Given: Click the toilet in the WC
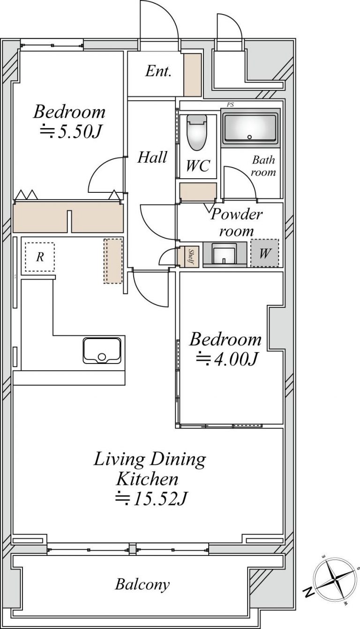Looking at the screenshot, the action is [197, 132].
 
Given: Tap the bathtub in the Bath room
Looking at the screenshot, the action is [250, 127].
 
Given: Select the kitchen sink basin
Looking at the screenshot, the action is [102, 350].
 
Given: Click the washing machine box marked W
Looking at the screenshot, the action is [264, 253].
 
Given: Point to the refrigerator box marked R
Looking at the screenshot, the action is [39, 257].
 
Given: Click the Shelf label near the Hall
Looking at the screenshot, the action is [192, 256].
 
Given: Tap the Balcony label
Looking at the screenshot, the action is [142, 584].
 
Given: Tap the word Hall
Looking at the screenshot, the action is [152, 157].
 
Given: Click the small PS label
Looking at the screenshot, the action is [230, 105].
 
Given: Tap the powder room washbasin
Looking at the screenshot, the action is [224, 254].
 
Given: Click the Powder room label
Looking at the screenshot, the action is [236, 223].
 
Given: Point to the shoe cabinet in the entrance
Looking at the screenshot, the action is [193, 75].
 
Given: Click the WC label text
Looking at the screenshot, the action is [198, 166].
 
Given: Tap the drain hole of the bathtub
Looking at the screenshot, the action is [249, 137].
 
